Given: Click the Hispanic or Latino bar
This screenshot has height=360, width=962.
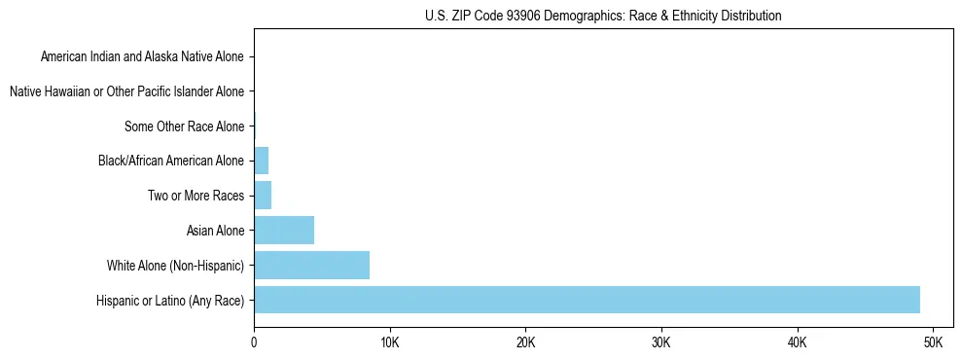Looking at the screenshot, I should click(587, 300).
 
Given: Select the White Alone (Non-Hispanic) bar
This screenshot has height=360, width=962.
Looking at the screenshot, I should click(311, 266).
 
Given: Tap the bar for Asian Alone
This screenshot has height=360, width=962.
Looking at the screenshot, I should click(284, 231).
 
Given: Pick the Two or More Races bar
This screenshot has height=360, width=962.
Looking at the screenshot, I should click(263, 196).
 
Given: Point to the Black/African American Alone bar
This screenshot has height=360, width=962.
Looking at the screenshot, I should click(261, 161).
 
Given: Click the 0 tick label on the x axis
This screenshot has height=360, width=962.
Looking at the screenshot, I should click(254, 343).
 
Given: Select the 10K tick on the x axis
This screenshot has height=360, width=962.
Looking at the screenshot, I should click(389, 343).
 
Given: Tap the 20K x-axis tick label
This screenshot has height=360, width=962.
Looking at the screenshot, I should click(525, 343).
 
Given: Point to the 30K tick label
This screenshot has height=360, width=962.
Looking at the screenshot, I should click(661, 343).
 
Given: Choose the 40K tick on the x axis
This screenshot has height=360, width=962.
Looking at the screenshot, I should click(797, 343).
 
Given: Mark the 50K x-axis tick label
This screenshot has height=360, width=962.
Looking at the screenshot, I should click(933, 343).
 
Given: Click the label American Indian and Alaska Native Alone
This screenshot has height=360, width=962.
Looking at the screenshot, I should click(142, 56).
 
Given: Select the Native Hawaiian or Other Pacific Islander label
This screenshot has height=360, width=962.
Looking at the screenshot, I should click(126, 91).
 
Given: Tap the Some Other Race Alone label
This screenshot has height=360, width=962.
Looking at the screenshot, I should click(184, 126).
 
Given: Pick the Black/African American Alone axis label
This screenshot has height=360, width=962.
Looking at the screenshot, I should click(171, 161).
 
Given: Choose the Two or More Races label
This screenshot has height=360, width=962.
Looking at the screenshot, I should click(196, 196).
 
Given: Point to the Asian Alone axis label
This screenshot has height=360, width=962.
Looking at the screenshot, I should click(215, 231).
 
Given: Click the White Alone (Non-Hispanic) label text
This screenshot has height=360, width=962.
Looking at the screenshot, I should click(175, 266).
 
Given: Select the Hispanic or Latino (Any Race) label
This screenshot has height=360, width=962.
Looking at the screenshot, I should click(170, 301).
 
